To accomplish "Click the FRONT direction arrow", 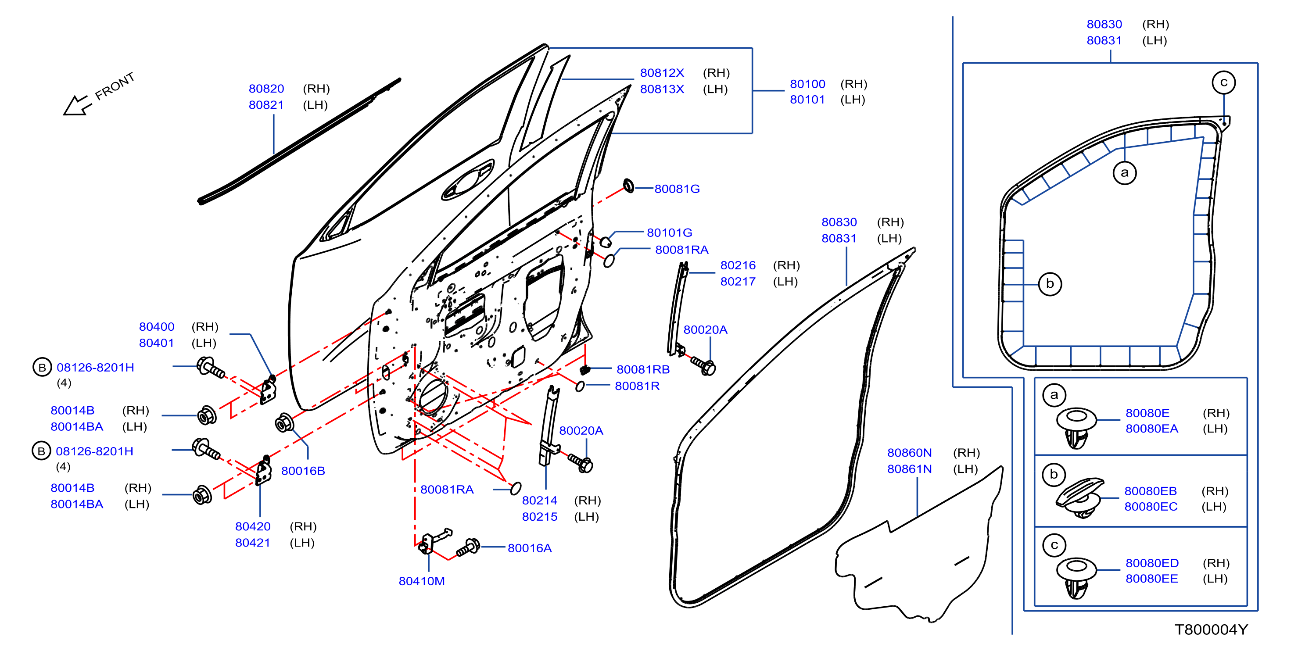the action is coord(77,105).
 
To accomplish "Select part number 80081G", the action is coord(677,189).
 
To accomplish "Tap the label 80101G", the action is coord(669,233).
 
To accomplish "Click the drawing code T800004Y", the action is coord(1211,630).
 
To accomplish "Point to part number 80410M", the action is coord(421,581).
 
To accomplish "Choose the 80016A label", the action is coord(529,548).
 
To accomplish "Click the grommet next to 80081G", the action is coord(628,186).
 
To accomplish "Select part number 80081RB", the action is coord(643,370).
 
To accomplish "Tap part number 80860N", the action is coord(909,453).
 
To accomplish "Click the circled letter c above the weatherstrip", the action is coord(1223,82).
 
